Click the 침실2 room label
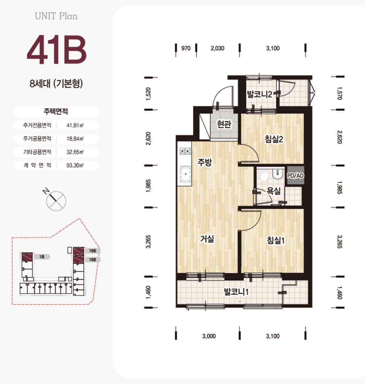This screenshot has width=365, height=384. (x=274, y=139)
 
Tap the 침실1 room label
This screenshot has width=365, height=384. (x=275, y=240)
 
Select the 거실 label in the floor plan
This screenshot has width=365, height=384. (x=207, y=239)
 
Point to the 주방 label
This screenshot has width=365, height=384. (x=205, y=162)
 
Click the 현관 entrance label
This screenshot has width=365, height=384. (x=224, y=124)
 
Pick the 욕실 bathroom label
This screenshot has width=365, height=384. (x=274, y=191)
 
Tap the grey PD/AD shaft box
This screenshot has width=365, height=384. (x=295, y=175)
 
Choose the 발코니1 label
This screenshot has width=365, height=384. (x=236, y=292)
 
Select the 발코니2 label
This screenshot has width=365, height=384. (x=260, y=94)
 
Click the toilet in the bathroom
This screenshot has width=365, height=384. (x=264, y=175)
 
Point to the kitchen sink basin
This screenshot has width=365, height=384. (x=185, y=174)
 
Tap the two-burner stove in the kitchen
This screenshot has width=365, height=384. (x=185, y=151)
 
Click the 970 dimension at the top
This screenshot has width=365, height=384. (x=186, y=48)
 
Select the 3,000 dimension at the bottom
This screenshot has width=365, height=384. (x=209, y=336)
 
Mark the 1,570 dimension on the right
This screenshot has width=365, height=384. (x=339, y=93)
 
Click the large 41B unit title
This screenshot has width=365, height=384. (x=57, y=50)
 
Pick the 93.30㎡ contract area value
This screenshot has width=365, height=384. (x=75, y=165)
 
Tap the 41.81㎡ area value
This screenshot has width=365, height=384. (x=75, y=125)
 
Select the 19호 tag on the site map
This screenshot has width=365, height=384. (x=93, y=251)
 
